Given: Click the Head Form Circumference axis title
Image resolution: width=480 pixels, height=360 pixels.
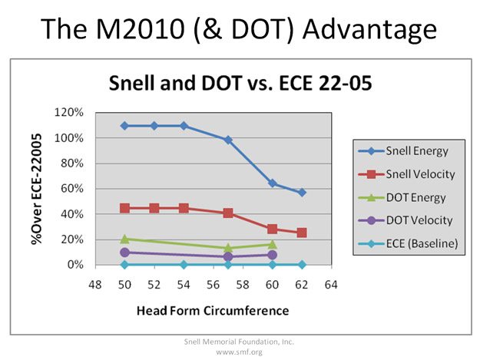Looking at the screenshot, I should tap(213, 311).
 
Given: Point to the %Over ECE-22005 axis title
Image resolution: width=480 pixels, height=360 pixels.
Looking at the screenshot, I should tap(36, 188).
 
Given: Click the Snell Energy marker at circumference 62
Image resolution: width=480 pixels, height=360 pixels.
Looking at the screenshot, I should tap(302, 192).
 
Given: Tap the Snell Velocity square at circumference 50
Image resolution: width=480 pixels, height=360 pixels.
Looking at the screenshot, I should tap(125, 208).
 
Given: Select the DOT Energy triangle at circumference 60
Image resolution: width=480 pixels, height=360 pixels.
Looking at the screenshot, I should tap(272, 244).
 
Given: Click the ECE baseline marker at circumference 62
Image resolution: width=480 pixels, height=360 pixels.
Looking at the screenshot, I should tap(302, 265).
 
